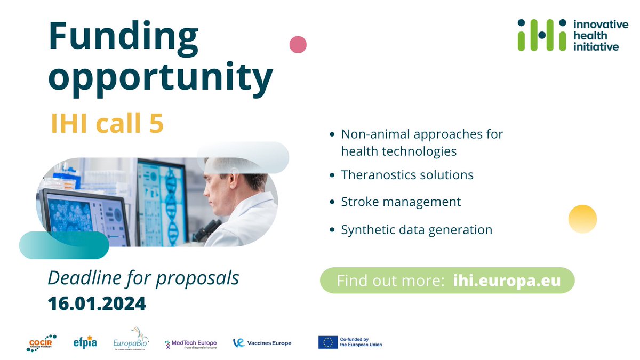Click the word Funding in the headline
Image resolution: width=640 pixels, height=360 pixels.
click(123, 38)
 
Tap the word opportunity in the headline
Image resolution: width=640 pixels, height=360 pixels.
click(161, 77)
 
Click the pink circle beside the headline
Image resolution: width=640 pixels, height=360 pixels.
click(298, 44)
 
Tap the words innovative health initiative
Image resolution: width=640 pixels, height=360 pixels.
click(596, 35)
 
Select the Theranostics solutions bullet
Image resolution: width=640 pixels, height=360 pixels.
click(407, 174)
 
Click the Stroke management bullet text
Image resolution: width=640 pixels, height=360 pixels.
click(401, 202)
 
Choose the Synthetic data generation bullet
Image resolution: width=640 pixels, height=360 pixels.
click(417, 230)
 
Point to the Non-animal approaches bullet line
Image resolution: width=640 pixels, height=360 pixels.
click(422, 134)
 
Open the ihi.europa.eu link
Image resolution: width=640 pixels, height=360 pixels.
click(507, 281)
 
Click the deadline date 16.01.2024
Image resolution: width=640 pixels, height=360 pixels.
click(97, 303)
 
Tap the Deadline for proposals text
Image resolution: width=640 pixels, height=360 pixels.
click(143, 278)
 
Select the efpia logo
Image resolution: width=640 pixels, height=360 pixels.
click(86, 342)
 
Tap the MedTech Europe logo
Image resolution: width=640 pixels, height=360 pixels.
click(190, 343)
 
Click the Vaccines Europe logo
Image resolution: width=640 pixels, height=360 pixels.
click(262, 343)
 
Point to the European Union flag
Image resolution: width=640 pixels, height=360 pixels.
click(327, 342)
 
